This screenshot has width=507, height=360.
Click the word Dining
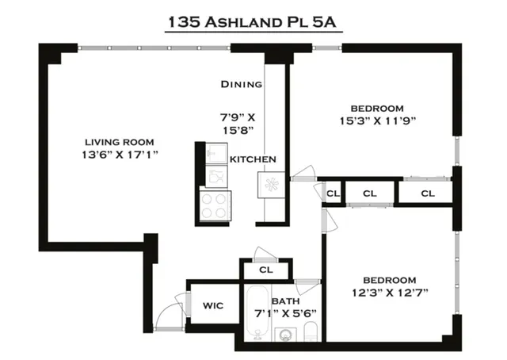[x=241, y=83]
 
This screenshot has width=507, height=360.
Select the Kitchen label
[x=253, y=159]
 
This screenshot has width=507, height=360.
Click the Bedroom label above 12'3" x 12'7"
[x=390, y=280]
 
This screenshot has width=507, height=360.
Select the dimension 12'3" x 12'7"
[x=390, y=294]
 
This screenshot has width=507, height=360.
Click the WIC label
[x=212, y=305]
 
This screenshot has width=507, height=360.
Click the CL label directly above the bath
[x=266, y=270]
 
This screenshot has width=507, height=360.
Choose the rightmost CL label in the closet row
[x=428, y=193]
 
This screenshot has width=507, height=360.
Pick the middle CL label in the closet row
[x=370, y=193]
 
